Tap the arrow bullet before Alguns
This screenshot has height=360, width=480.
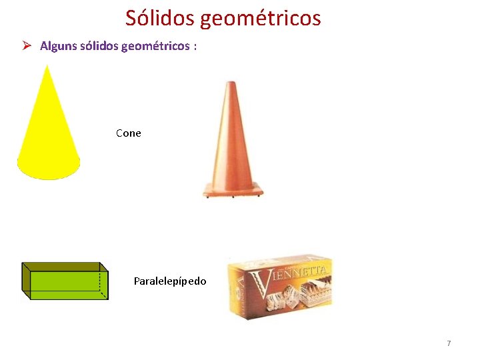point(27,46)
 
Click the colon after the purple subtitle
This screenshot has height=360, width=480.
point(195,47)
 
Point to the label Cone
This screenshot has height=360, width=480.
point(129,133)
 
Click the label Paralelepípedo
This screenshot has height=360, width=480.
point(170,281)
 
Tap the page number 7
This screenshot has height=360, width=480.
point(449,343)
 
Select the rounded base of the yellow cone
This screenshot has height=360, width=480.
point(49,170)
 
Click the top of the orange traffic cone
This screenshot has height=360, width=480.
point(231,84)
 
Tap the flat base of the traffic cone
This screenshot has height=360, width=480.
point(233,192)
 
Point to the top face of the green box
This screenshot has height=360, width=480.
point(65,266)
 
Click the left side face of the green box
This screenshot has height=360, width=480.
point(26,281)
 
